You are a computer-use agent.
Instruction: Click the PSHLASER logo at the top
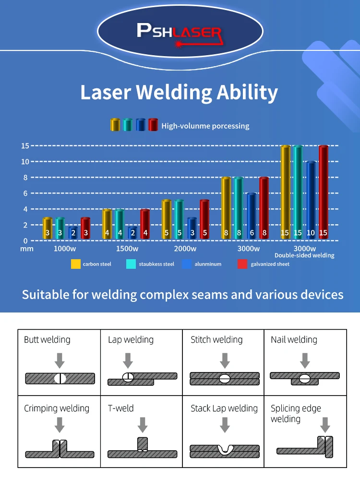[x=180, y=32]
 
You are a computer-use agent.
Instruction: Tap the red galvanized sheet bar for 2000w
[x=204, y=220]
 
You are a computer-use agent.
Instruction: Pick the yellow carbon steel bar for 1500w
[x=107, y=225]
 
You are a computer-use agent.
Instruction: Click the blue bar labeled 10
[x=311, y=201]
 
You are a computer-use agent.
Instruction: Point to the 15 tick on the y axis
[x=25, y=145]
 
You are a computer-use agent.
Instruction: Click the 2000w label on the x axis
[x=185, y=249]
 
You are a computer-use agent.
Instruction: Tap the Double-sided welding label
[x=304, y=255]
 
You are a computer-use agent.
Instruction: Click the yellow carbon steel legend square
[x=75, y=264]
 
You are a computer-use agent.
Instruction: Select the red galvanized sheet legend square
[x=242, y=264]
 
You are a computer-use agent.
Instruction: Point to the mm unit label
[x=26, y=249]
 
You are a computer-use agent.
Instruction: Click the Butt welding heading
[x=47, y=340]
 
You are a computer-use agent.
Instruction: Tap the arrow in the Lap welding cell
[x=128, y=360]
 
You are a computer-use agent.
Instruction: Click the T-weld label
[x=121, y=408]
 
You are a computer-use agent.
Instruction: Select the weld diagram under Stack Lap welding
[x=224, y=450]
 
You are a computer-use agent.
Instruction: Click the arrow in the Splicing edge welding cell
[x=325, y=425]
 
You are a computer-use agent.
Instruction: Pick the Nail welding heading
[x=294, y=340]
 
